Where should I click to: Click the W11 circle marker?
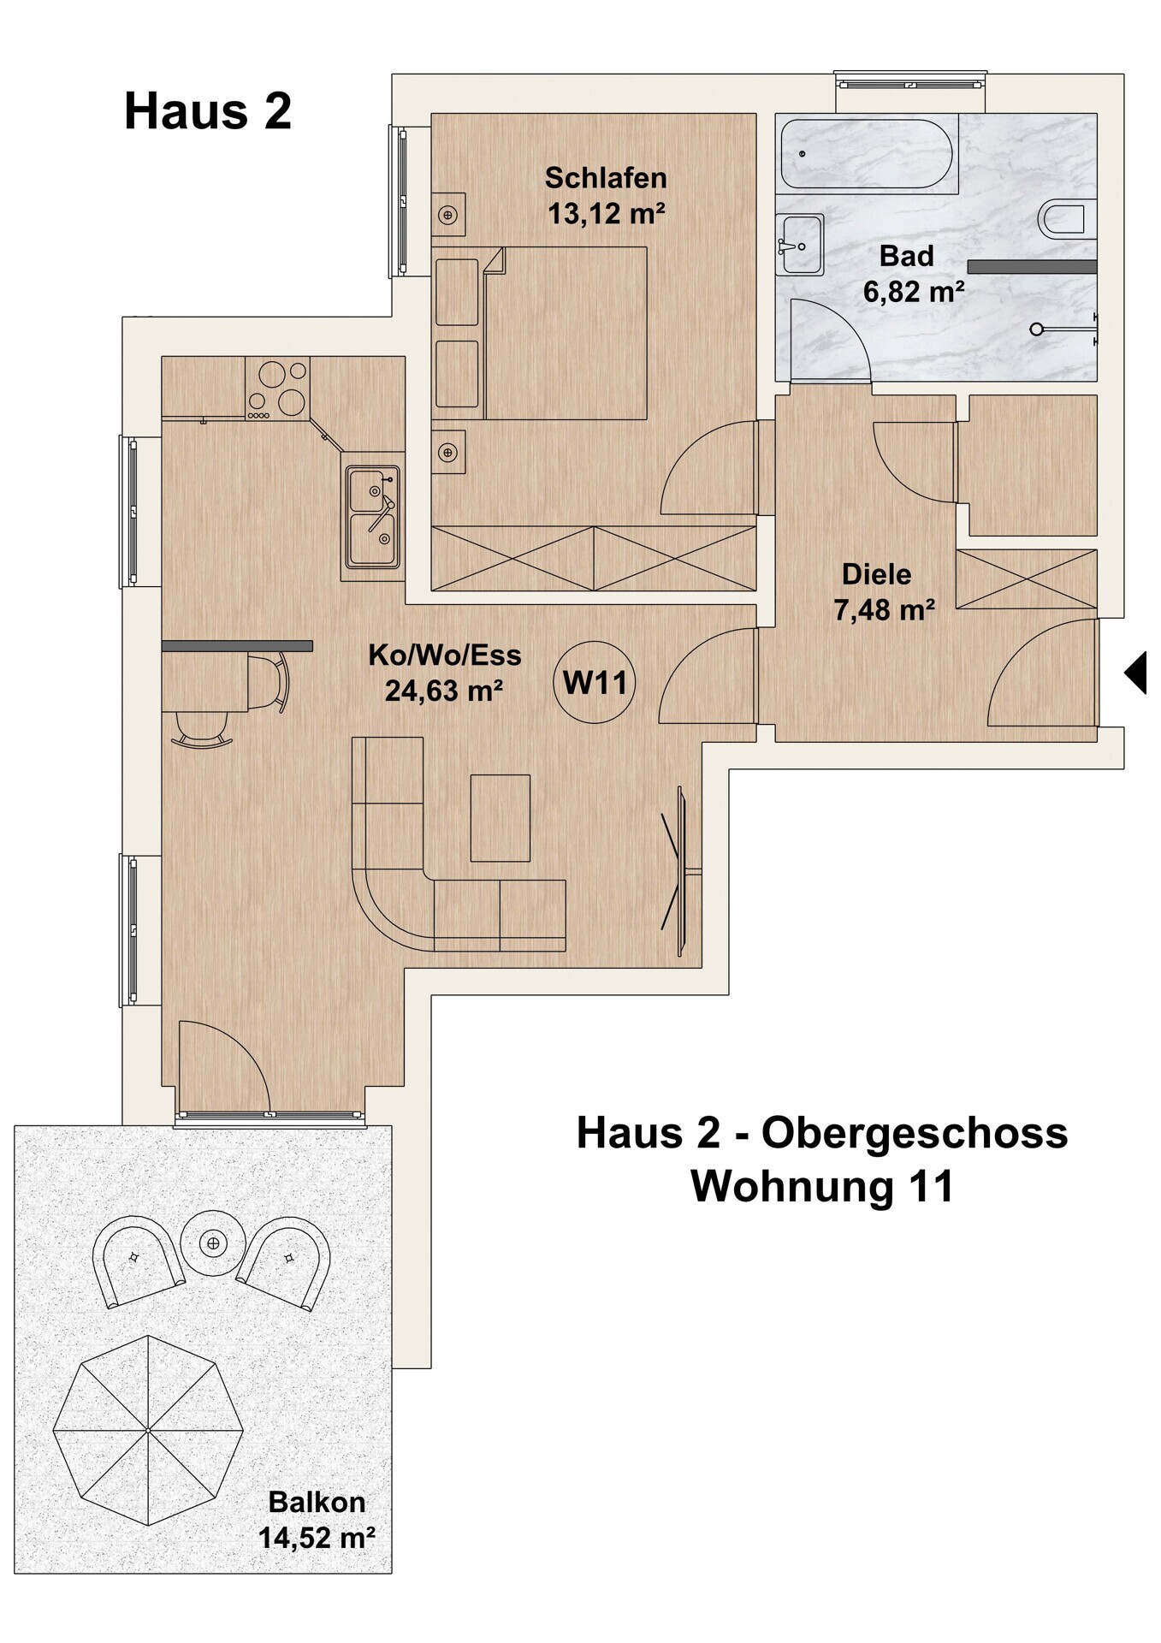tap(595, 682)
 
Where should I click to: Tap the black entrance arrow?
tap(1134, 672)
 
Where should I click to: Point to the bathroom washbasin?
tap(802, 245)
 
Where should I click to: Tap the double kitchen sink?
tap(372, 517)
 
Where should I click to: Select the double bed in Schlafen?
tap(540, 333)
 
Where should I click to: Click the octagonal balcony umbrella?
tap(148, 1430)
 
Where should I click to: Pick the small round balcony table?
tap(213, 1243)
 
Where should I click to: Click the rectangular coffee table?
tap(501, 818)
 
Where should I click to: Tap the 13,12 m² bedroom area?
tap(607, 213)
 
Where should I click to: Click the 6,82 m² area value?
tap(914, 292)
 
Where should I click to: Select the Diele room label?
tap(877, 573)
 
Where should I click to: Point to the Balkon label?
tap(317, 1501)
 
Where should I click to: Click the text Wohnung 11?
tap(822, 1186)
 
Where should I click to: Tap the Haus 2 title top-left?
tap(208, 111)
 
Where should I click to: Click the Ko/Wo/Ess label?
tap(445, 655)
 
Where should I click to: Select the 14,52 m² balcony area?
tap(317, 1538)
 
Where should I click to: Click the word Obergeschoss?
tap(915, 1134)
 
